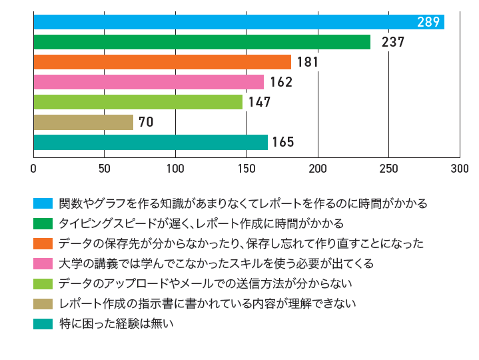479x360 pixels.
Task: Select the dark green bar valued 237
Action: click(x=202, y=42)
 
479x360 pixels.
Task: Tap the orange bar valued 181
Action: click(x=162, y=62)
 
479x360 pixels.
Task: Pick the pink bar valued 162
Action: click(x=149, y=82)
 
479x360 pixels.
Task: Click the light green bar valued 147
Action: click(x=138, y=102)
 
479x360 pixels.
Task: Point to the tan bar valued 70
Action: click(x=83, y=122)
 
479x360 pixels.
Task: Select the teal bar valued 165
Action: click(x=151, y=142)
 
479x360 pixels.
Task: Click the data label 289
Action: click(x=428, y=22)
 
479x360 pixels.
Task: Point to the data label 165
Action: click(x=283, y=143)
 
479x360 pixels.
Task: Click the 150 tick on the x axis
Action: click(x=246, y=168)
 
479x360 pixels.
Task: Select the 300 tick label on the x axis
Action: click(x=460, y=168)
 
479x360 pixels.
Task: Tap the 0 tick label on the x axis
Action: click(x=33, y=168)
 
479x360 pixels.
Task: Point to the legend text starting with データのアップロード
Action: click(x=205, y=284)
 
